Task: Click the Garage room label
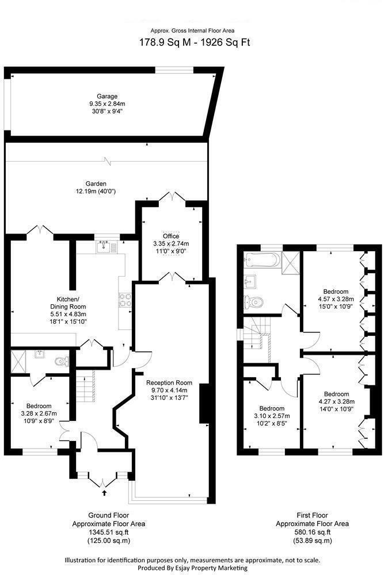(x=107, y=96)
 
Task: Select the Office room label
(x=171, y=236)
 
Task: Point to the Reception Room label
(x=169, y=383)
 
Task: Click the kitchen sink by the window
(x=104, y=247)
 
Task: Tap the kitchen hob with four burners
(x=125, y=300)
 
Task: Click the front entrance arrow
(x=104, y=492)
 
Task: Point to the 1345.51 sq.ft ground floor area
(x=108, y=532)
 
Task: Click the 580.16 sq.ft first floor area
(x=312, y=532)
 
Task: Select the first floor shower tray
(x=291, y=261)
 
